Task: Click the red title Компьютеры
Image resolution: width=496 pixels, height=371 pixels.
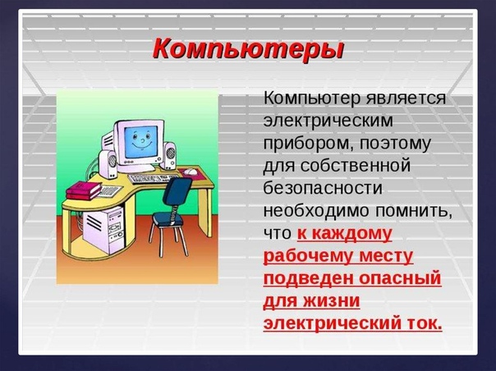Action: click(x=248, y=49)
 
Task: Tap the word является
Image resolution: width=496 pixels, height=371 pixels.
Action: click(x=406, y=98)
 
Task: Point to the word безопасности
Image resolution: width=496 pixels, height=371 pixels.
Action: click(x=323, y=188)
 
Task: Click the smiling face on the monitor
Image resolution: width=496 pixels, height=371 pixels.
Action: click(x=141, y=142)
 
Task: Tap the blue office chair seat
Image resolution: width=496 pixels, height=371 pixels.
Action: click(x=167, y=218)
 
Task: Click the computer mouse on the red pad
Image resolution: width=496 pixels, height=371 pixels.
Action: click(x=191, y=172)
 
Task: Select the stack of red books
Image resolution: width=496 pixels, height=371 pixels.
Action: click(x=84, y=190)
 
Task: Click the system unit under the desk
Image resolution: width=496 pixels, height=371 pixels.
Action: click(x=103, y=230)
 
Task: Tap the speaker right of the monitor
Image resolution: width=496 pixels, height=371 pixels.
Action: click(x=168, y=156)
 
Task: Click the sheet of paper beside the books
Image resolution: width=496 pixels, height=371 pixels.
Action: click(x=109, y=191)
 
